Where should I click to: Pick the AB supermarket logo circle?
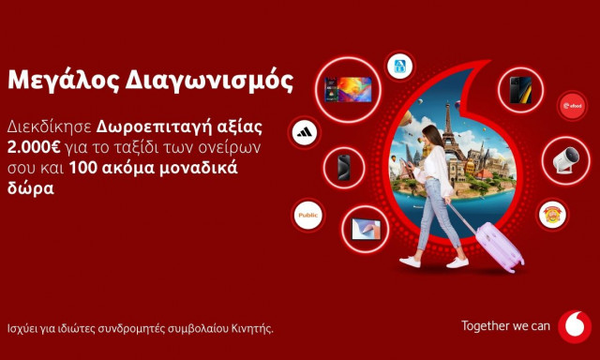point(400,66)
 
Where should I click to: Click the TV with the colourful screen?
point(347,89)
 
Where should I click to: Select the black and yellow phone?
point(521,89)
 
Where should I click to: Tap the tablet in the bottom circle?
point(365,226)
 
